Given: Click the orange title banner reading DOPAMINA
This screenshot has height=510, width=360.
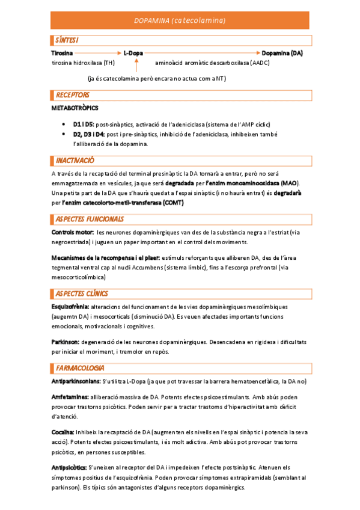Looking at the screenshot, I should click(x=180, y=21).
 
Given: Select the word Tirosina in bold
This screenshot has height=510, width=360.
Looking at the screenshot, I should click(x=63, y=54).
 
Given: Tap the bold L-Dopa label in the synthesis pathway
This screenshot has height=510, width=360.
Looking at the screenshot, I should click(x=133, y=54).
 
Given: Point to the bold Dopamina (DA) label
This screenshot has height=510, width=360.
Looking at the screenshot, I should click(x=282, y=54).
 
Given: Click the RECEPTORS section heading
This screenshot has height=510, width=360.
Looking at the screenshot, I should click(x=72, y=95).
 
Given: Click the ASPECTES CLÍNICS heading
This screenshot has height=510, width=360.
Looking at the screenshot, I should click(x=82, y=293).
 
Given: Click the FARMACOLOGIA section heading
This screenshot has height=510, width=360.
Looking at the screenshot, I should click(x=80, y=367).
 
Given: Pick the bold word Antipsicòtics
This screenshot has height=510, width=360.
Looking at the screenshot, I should click(x=69, y=467).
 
